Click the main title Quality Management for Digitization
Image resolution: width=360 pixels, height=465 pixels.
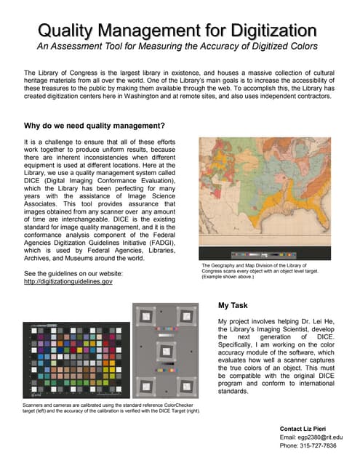coord(178,31)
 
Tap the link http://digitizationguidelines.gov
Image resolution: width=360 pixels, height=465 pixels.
coord(68,281)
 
